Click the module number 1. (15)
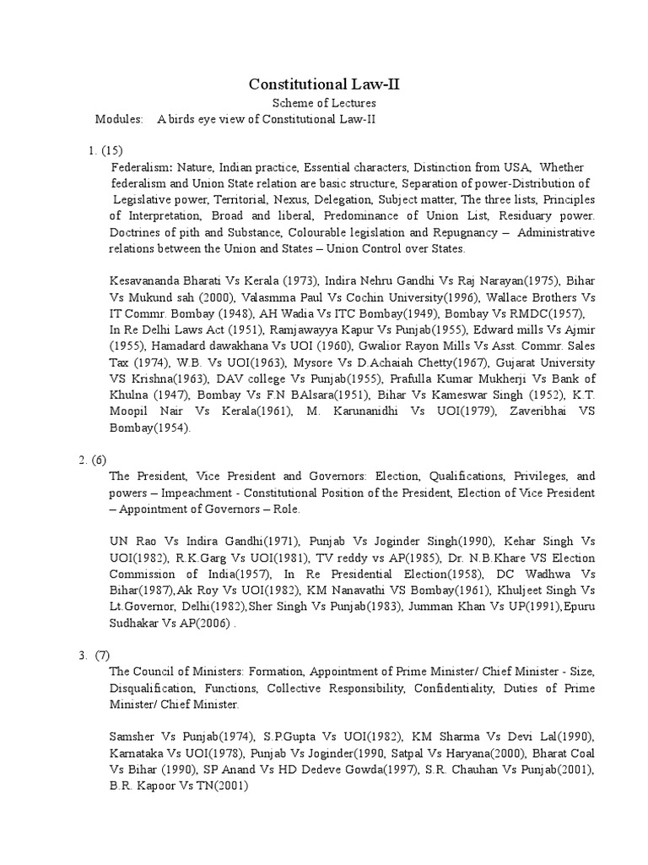106,151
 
